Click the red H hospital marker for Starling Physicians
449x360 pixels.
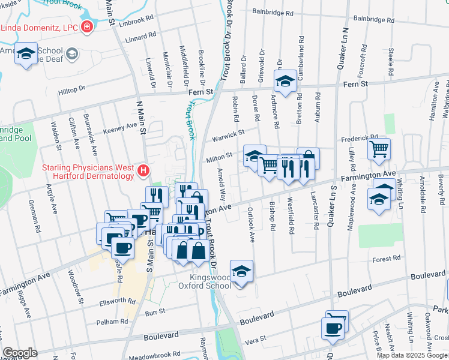click(x=143, y=171)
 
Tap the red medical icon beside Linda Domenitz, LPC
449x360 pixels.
click(x=87, y=27)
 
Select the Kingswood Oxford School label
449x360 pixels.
click(x=209, y=281)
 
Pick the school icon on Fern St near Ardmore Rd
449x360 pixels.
click(x=285, y=80)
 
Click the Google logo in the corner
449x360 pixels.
click(x=20, y=353)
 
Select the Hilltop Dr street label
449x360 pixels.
click(x=71, y=89)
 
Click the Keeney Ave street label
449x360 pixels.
click(x=121, y=127)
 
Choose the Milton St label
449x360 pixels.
click(x=219, y=156)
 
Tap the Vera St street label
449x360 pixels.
click(x=255, y=340)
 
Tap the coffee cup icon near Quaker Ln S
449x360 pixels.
click(x=333, y=328)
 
